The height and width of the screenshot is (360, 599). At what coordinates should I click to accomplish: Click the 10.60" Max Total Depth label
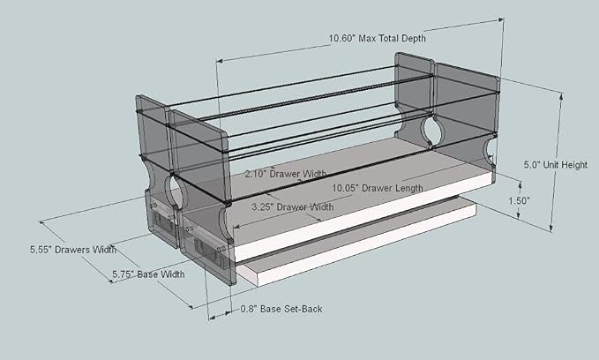pos(378,38)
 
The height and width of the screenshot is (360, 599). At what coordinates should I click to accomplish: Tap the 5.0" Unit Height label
pos(556,165)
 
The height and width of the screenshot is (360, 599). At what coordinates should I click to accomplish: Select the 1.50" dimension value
pos(519,200)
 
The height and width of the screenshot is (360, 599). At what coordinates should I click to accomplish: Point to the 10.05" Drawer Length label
pos(378,188)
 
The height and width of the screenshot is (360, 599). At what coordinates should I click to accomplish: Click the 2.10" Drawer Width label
pos(286,174)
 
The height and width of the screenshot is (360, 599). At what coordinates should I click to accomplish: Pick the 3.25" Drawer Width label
pos(293,206)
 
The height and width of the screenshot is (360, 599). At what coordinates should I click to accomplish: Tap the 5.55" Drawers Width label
pos(73,250)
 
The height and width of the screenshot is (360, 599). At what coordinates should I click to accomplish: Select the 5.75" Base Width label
pos(148,274)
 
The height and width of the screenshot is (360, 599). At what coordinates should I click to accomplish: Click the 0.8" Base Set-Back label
pos(281,309)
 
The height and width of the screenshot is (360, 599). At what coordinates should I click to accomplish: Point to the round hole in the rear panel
pos(433,131)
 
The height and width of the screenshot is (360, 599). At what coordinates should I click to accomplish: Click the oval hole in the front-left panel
pos(175,190)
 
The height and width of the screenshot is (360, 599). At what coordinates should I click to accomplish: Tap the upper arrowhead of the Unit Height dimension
pos(561,96)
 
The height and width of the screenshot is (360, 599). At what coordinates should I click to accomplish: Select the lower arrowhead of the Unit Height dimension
pos(550,229)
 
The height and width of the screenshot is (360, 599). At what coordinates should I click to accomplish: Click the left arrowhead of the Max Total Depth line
pos(219,60)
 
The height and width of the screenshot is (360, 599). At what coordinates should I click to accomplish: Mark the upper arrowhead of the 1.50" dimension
pos(520,185)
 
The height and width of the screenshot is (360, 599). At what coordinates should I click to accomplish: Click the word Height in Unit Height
pos(575,165)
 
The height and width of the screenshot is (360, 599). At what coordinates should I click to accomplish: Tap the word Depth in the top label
pos(414,38)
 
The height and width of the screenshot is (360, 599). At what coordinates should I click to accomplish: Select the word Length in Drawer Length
pos(409,188)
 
